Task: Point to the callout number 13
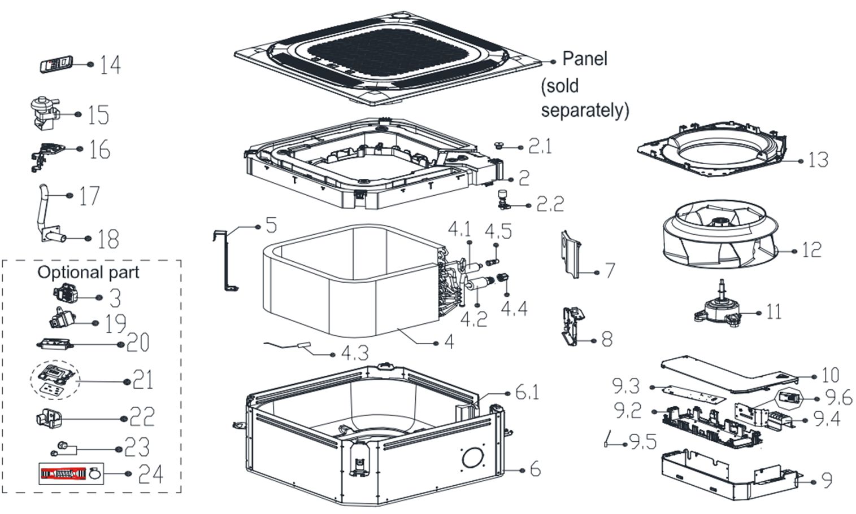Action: (x=818, y=160)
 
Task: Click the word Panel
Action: (x=584, y=59)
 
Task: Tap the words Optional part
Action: (x=88, y=272)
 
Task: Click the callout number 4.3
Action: (x=355, y=354)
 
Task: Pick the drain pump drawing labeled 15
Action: (x=44, y=112)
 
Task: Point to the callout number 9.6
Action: (x=838, y=397)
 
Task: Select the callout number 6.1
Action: (x=527, y=391)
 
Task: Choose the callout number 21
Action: (x=143, y=380)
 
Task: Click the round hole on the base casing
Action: (x=473, y=458)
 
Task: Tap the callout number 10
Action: (x=830, y=375)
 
